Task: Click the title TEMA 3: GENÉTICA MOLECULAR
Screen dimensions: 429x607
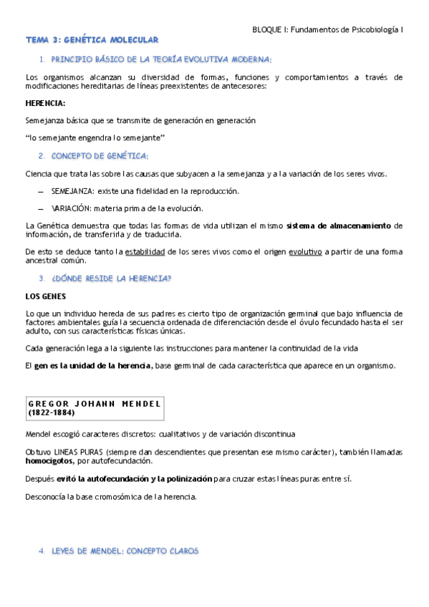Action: click(92, 40)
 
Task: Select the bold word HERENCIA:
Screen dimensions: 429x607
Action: click(45, 103)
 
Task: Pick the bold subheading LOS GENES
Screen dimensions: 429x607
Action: click(46, 296)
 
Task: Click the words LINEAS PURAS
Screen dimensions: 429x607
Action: click(79, 452)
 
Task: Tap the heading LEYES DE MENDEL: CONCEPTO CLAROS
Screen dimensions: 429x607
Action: click(125, 551)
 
